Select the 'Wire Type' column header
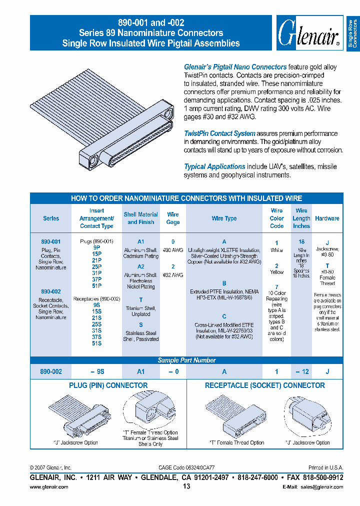coord(224,218)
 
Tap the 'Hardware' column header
coord(327,218)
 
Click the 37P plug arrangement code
coord(96,279)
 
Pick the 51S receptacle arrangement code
coord(96,343)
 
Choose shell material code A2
coord(140,267)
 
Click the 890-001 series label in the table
coord(51,241)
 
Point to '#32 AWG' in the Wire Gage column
coord(173,275)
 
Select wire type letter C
coord(224,316)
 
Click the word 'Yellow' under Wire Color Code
coord(276,273)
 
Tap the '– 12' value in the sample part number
coord(301,371)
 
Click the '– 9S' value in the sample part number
coord(96,371)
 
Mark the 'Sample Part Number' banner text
coord(186,360)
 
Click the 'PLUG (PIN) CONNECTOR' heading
coord(108,385)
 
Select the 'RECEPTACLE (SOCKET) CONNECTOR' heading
coord(264,385)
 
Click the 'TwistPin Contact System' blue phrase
coord(219,133)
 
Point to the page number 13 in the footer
coord(186,486)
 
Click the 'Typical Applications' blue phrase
coord(214,166)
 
